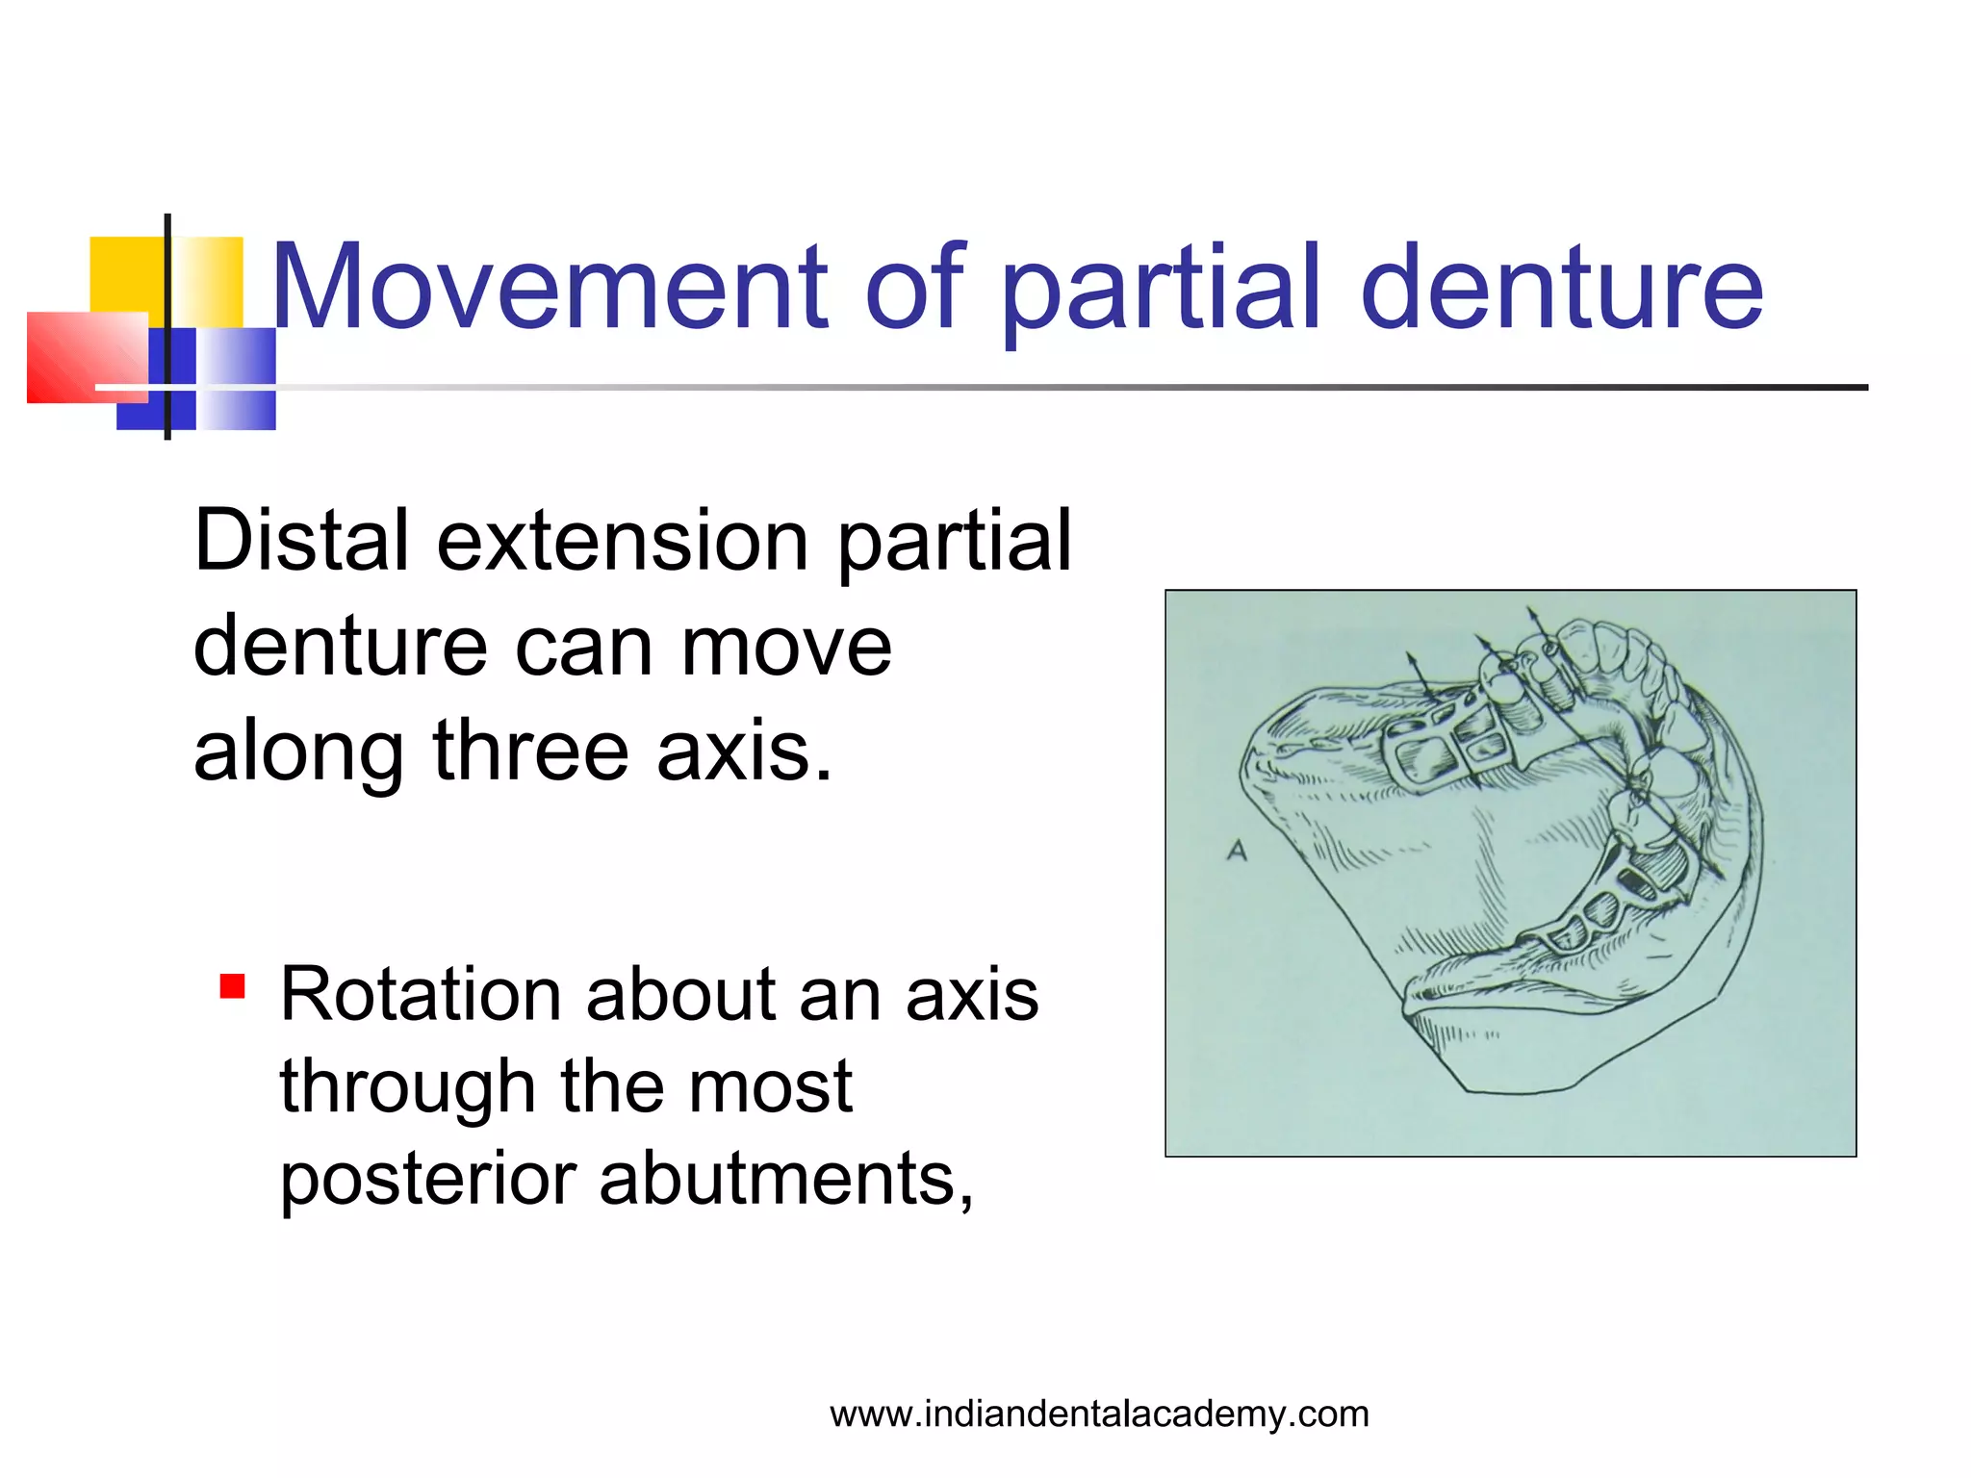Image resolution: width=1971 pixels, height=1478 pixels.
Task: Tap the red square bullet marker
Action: pos(232,986)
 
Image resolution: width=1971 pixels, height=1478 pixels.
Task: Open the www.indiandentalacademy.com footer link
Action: pos(1099,1414)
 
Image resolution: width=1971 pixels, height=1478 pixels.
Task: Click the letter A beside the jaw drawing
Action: pos(1238,851)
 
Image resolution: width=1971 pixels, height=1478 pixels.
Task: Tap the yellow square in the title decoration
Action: pos(125,274)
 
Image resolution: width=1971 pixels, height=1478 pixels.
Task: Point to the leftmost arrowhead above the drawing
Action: pos(1411,660)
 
